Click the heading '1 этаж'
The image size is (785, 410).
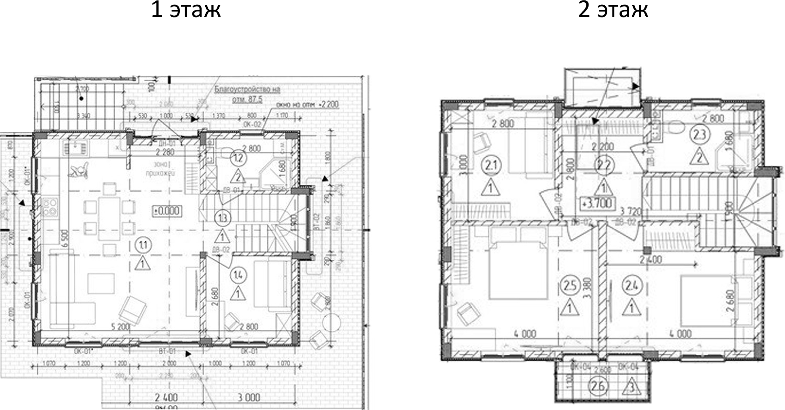click(186, 10)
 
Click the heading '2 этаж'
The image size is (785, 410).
click(613, 10)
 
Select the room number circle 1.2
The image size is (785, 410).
click(238, 158)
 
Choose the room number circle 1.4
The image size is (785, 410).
click(238, 275)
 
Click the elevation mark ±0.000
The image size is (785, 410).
click(166, 211)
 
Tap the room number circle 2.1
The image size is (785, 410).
click(491, 166)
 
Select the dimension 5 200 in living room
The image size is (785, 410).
click(120, 327)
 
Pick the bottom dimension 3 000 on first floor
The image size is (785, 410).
click(249, 397)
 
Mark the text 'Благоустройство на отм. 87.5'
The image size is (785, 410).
click(247, 94)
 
